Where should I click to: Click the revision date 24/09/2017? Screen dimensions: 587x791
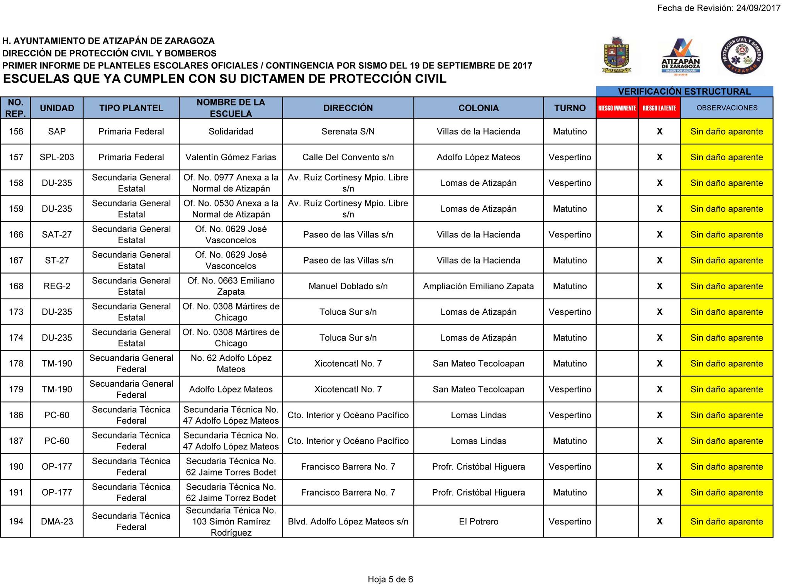pyautogui.click(x=758, y=8)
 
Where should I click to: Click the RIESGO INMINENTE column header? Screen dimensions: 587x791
pyautogui.click(x=617, y=108)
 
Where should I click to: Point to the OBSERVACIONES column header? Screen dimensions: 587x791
pyautogui.click(x=726, y=108)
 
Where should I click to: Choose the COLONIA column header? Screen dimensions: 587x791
pyautogui.click(x=478, y=108)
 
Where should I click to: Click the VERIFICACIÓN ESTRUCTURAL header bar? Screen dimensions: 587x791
pyautogui.click(x=684, y=92)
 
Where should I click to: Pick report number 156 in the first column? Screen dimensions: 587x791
pyautogui.click(x=16, y=132)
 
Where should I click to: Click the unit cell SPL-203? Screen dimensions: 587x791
pyautogui.click(x=57, y=158)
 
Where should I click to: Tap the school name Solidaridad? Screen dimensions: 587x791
pyautogui.click(x=231, y=132)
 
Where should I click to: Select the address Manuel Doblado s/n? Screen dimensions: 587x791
pyautogui.click(x=348, y=286)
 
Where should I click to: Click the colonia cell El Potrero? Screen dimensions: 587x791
pyautogui.click(x=478, y=522)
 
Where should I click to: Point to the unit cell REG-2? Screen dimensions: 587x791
pyautogui.click(x=57, y=286)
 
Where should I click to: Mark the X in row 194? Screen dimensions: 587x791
pyautogui.click(x=659, y=522)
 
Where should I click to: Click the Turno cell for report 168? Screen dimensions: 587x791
pyautogui.click(x=569, y=286)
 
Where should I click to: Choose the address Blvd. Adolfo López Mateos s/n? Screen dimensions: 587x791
pyautogui.click(x=348, y=522)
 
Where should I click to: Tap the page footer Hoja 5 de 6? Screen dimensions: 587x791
pyautogui.click(x=390, y=579)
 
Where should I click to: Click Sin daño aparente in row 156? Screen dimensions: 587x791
pyautogui.click(x=726, y=132)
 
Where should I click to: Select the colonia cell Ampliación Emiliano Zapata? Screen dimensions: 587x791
pyautogui.click(x=478, y=286)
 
